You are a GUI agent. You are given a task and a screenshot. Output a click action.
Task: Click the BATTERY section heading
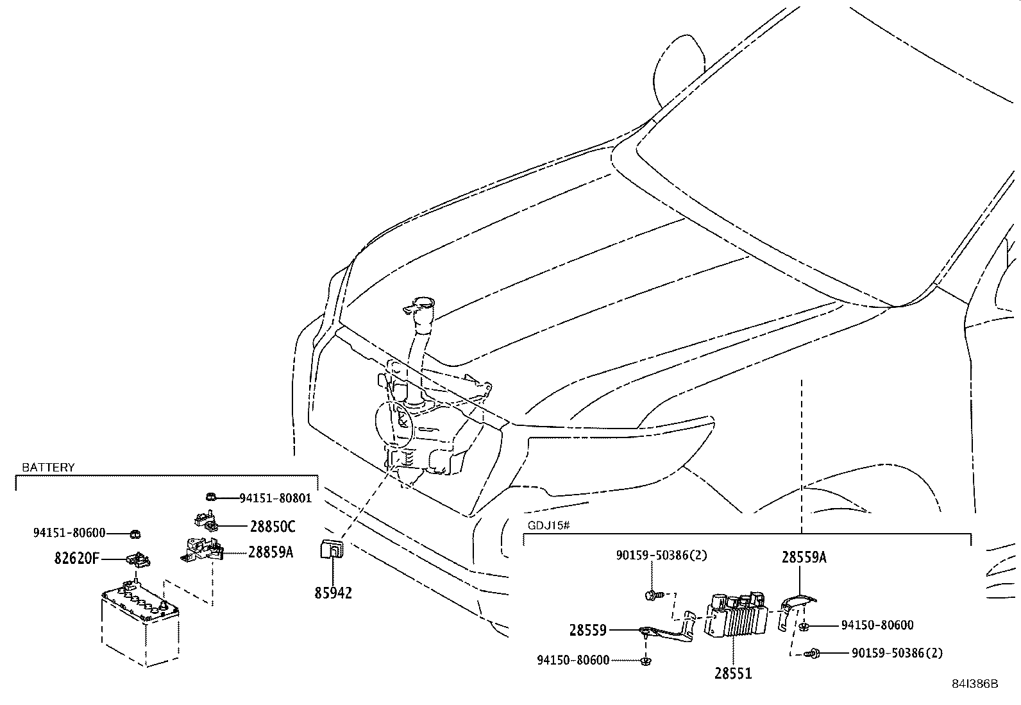[48, 468]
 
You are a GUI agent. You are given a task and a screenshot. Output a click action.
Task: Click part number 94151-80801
[275, 498]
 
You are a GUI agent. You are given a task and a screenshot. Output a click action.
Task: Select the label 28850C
[272, 527]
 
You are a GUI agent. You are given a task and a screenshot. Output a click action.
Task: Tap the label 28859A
[271, 552]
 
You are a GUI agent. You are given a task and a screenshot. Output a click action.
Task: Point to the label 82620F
[77, 559]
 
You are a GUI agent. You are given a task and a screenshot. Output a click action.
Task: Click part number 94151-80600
[69, 532]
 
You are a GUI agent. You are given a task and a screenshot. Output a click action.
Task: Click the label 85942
[333, 593]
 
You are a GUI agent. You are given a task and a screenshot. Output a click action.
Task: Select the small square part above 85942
[332, 550]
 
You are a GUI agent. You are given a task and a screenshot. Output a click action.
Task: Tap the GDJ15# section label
[548, 525]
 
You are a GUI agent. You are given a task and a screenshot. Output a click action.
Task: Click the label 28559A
[804, 557]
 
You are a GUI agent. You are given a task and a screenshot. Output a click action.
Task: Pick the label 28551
[732, 673]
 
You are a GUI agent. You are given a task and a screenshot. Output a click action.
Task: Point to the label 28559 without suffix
[587, 631]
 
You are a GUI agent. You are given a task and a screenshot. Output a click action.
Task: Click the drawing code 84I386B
[974, 684]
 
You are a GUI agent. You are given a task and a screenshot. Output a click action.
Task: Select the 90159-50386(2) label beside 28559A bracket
[897, 653]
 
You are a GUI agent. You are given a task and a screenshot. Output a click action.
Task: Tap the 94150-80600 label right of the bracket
[877, 625]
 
